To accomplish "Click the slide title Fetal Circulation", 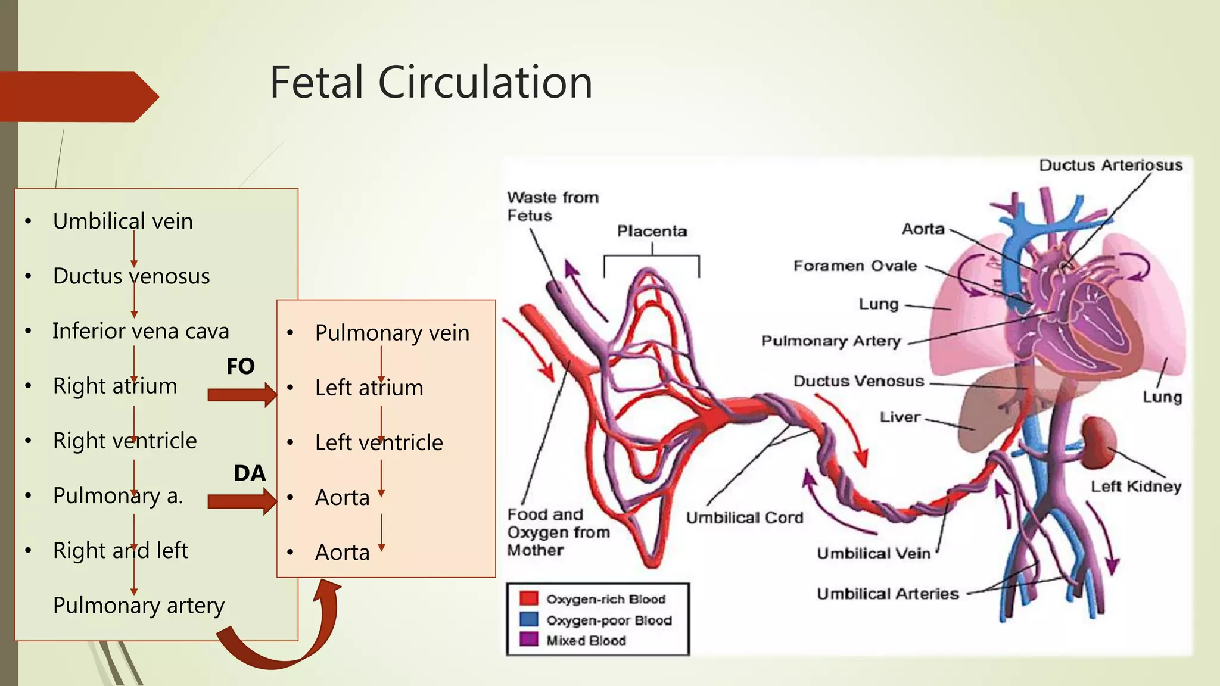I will (431, 82).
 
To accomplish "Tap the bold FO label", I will (241, 366).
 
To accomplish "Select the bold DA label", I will (250, 473).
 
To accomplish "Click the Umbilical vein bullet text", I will (123, 222).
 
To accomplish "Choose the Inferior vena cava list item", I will (141, 331).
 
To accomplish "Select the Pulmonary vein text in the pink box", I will (392, 333).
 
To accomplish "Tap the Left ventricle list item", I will (379, 442).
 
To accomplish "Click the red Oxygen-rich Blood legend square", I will (528, 598).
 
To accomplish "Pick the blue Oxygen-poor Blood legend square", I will (528, 619).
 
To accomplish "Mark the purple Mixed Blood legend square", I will (528, 640).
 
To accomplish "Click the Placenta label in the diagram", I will (652, 231).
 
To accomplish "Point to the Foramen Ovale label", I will (855, 266).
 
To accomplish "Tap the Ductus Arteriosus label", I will (1110, 166).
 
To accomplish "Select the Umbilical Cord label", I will (745, 517).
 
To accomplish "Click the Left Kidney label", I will (1135, 487).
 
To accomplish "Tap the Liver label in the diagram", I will (900, 417).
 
